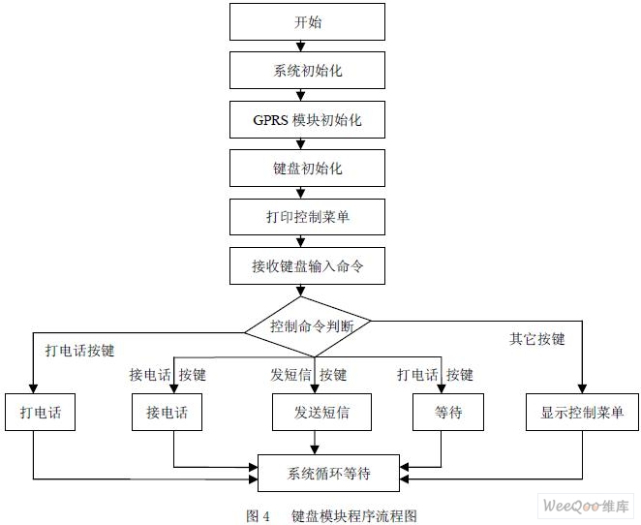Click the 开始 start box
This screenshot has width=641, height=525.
[x=307, y=21]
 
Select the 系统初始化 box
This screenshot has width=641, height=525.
[x=307, y=70]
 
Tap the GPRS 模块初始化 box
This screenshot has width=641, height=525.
[x=307, y=119]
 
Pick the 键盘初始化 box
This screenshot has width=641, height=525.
[x=307, y=168]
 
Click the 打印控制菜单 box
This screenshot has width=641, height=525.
[x=307, y=217]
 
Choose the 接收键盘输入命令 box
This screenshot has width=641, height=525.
[x=307, y=265]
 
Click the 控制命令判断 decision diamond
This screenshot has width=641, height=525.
[x=307, y=326]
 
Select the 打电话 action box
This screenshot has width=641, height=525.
[x=40, y=412]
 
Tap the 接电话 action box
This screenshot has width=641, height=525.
[x=167, y=412]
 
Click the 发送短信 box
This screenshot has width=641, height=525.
[x=321, y=412]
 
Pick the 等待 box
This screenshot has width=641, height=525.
[x=448, y=412]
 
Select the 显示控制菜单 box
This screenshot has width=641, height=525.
[x=582, y=412]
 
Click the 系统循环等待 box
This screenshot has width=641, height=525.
[x=328, y=473]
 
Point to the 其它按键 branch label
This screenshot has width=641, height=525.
[x=536, y=339]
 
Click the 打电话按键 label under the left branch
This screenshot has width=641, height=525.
[x=79, y=351]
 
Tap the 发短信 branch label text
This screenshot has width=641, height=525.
[x=290, y=375]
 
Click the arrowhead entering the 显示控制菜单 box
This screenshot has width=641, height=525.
[x=582, y=388]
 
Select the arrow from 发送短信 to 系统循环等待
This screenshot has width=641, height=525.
[x=315, y=443]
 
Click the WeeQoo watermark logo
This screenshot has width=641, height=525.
[x=586, y=507]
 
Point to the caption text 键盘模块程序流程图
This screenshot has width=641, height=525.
[x=354, y=516]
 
